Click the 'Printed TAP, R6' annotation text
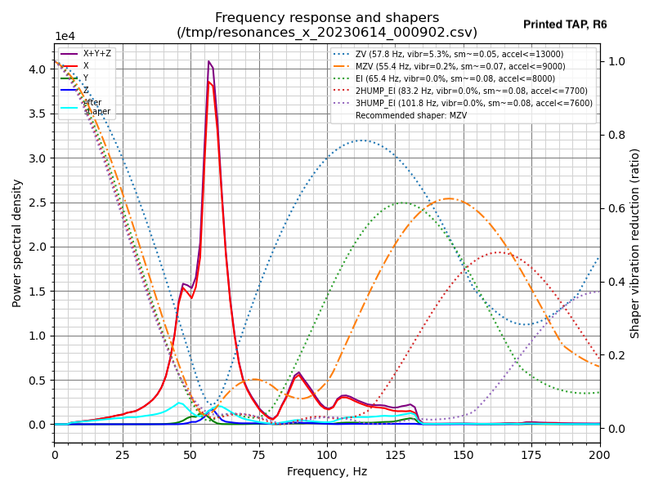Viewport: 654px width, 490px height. coord(565,25)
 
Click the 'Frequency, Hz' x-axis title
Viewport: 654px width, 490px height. coord(327,471)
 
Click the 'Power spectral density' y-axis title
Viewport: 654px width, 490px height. coord(17,243)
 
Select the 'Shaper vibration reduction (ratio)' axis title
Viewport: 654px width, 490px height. coord(635,243)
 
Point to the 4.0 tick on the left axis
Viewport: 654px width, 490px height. coord(38,69)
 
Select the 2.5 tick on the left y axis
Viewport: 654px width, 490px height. coord(38,203)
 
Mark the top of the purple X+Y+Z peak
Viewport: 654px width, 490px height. coord(209,61)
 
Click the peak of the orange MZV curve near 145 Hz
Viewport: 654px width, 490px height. coord(449,198)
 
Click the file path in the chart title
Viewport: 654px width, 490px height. coord(327,33)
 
